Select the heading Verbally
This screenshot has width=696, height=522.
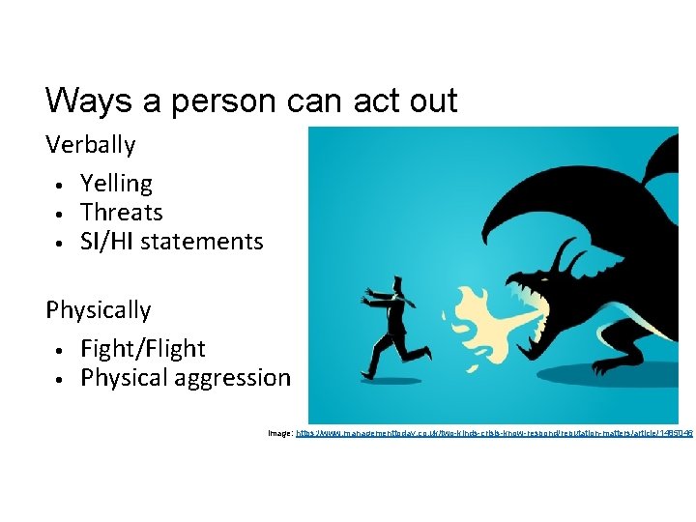coord(91,146)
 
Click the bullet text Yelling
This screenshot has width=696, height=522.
coord(116,184)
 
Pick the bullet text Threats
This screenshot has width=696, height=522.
coord(122,213)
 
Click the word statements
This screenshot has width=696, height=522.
coord(201,242)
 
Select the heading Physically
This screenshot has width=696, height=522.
coord(99,310)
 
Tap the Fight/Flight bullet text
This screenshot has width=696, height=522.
coord(143,349)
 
